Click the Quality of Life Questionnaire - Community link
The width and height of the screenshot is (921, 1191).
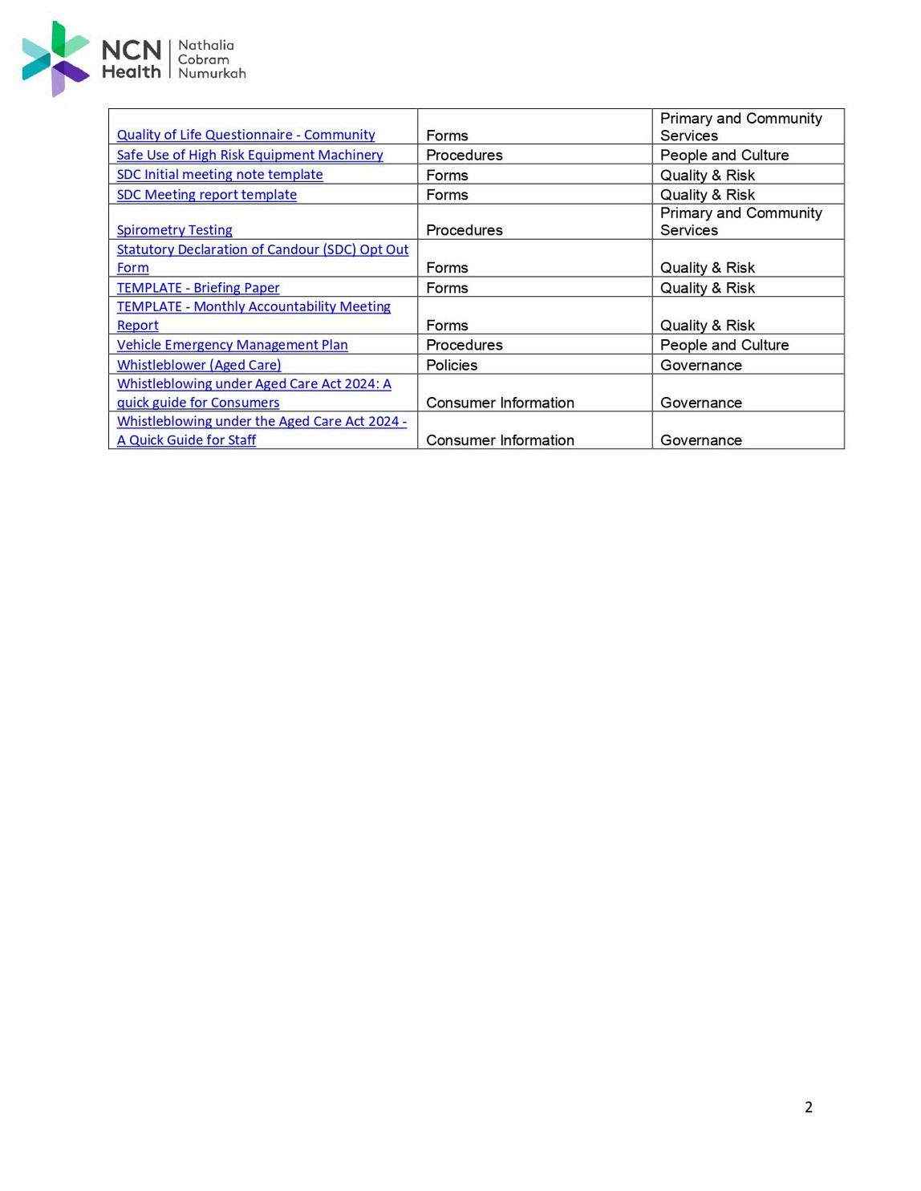[x=245, y=135]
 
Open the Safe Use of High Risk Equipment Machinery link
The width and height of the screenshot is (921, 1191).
[x=250, y=155]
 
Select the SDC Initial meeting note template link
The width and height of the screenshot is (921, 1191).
[x=220, y=175]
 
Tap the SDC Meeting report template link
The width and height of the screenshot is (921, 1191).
[x=207, y=195]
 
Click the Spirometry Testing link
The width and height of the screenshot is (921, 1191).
[x=175, y=230]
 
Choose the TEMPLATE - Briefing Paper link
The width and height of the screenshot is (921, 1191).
[x=198, y=288]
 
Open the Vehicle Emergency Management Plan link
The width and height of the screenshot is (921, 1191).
[x=233, y=345]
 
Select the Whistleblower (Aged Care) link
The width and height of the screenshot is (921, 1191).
[x=199, y=365]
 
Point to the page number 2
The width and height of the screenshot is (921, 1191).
[x=809, y=1108]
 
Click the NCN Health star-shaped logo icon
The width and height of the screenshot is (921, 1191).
[x=55, y=59]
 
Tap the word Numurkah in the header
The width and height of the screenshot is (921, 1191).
[x=212, y=74]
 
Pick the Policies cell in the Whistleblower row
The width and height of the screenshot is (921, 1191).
[x=452, y=366]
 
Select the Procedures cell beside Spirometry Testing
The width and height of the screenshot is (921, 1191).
[x=465, y=230]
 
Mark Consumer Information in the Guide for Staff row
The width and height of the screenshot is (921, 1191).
[x=500, y=440]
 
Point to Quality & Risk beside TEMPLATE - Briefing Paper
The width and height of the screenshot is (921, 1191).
[x=708, y=288]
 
